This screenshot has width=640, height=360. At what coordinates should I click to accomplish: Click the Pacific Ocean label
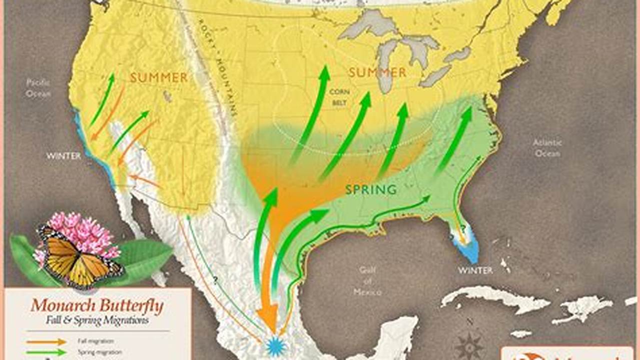coord(39,88)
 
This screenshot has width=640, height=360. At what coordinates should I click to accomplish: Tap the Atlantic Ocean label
coord(547,148)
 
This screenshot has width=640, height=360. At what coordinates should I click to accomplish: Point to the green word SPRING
coord(371,189)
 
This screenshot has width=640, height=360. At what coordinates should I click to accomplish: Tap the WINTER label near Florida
coord(475,270)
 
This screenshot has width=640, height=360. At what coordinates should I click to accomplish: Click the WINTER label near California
coord(64,156)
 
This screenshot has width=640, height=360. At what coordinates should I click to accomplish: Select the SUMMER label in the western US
coord(159,77)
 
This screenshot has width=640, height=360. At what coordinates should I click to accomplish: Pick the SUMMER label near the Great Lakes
coord(377,73)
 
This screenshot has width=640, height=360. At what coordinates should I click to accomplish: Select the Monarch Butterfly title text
coord(97,305)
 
